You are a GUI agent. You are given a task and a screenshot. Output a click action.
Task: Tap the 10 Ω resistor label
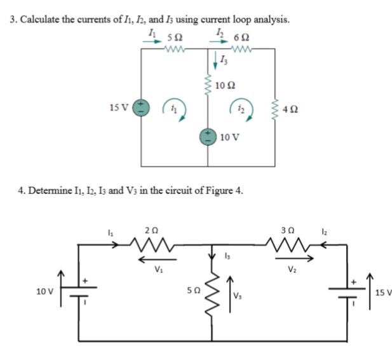226,86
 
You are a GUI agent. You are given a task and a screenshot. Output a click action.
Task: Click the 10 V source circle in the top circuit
208,135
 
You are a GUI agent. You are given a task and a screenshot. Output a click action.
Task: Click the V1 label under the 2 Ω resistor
150,268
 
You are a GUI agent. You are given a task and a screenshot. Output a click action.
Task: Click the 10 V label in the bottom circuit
45,291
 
